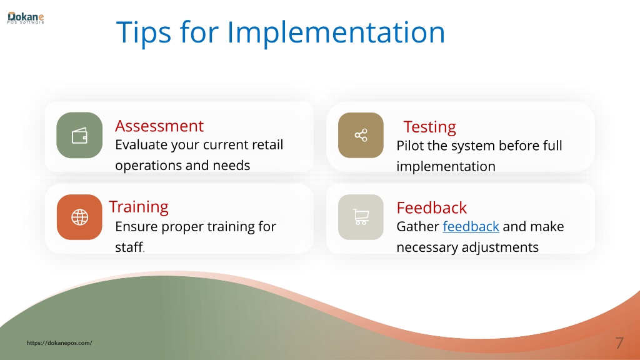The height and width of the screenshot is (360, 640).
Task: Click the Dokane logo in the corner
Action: (25, 18)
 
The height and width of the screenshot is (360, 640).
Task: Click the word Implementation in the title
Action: (336, 32)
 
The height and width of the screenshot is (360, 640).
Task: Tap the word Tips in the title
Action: (144, 32)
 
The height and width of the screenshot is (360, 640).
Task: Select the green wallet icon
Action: (79, 135)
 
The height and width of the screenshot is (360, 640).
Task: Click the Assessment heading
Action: (159, 126)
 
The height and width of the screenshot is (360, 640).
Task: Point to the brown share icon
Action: (361, 135)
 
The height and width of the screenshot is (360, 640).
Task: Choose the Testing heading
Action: (430, 127)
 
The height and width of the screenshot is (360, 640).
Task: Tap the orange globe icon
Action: (79, 217)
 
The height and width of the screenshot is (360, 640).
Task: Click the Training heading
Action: (139, 207)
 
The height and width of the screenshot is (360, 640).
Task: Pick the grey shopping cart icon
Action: (361, 217)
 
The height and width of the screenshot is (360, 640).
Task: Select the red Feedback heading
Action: (431, 207)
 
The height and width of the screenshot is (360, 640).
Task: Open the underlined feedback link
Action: (471, 226)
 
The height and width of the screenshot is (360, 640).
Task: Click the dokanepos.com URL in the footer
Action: (59, 343)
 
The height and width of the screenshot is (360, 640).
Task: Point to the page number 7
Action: (619, 343)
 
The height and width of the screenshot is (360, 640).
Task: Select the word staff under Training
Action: (129, 247)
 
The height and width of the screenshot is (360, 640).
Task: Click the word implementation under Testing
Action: (446, 166)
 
